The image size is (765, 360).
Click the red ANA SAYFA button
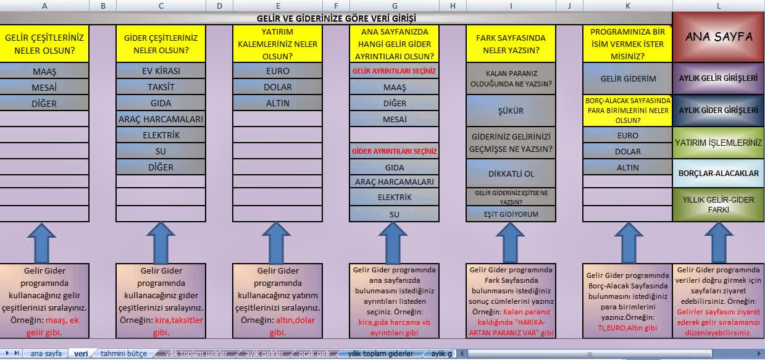pyautogui.click(x=719, y=37)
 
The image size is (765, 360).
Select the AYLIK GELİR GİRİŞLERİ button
pyautogui.click(x=719, y=78)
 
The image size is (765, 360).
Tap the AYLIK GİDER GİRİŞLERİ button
pyautogui.click(x=719, y=110)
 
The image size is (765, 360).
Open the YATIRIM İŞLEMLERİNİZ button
pyautogui.click(x=719, y=142)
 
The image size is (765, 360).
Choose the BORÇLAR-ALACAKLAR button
pyautogui.click(x=719, y=174)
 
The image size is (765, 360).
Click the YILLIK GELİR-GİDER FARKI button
pyautogui.click(x=719, y=204)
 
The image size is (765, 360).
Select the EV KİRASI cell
pyautogui.click(x=161, y=70)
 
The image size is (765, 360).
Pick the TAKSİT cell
pyautogui.click(x=161, y=87)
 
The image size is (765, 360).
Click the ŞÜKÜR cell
pyautogui.click(x=511, y=111)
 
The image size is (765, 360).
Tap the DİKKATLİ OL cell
pyautogui.click(x=511, y=174)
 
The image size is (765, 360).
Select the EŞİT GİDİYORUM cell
pyautogui.click(x=511, y=214)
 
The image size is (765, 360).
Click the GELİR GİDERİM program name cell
pyautogui.click(x=627, y=79)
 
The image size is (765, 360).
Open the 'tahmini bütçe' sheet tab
pyautogui.click(x=123, y=354)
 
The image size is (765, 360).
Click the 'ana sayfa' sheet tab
pyautogui.click(x=46, y=354)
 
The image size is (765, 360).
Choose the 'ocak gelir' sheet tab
pyautogui.click(x=314, y=354)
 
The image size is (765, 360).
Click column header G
pyautogui.click(x=395, y=6)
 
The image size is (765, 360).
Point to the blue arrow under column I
pyautogui.click(x=511, y=241)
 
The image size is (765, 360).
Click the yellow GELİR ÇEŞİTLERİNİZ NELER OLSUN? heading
pyautogui.click(x=44, y=44)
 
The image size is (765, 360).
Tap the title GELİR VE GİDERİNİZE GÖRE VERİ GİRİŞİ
pyautogui.click(x=337, y=18)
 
